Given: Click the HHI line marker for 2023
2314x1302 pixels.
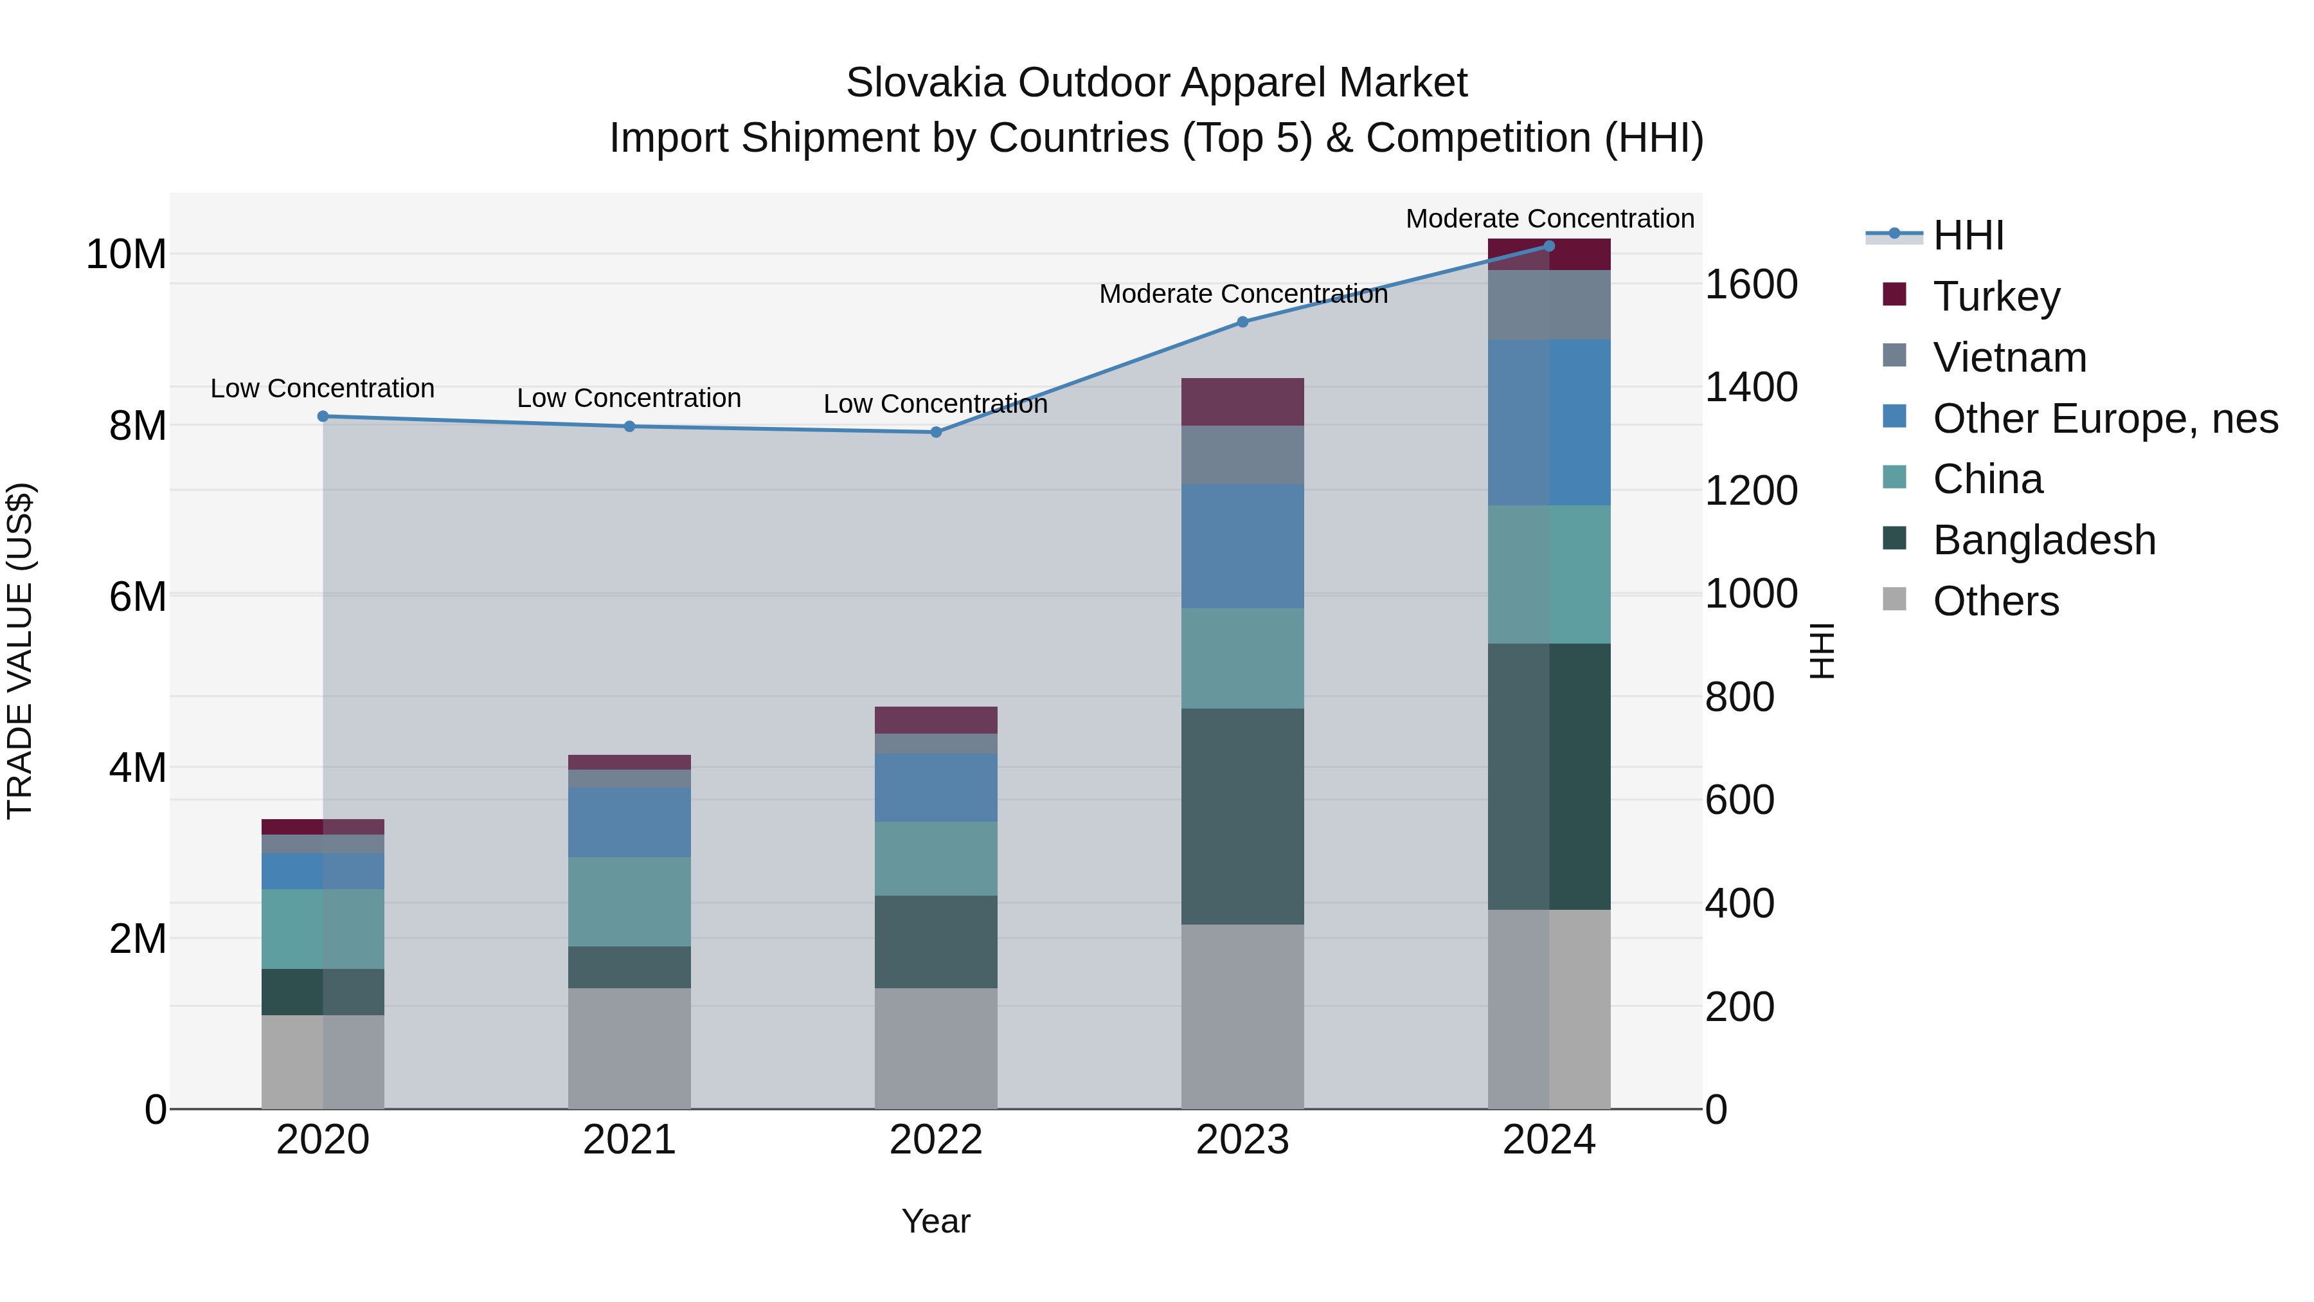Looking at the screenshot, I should (1242, 321).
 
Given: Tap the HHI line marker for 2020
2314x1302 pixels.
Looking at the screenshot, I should (323, 416).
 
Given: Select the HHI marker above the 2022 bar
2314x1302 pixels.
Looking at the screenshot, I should (936, 432).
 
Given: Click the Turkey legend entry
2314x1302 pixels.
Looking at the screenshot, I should (1996, 296).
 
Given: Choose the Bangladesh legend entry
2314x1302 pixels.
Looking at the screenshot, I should (2043, 540).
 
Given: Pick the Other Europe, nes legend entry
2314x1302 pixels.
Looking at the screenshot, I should (2104, 418).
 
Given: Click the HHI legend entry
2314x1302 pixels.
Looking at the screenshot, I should (1968, 235).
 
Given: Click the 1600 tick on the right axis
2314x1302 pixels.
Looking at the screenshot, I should (1751, 285).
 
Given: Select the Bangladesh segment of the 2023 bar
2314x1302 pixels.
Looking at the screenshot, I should (1242, 816).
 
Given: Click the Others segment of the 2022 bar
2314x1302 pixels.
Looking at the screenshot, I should (936, 1048).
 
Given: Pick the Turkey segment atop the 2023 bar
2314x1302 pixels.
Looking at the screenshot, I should (1242, 402).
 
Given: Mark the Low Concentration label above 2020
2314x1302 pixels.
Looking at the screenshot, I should (323, 388).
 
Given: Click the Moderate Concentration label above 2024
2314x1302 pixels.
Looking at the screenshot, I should (1550, 219).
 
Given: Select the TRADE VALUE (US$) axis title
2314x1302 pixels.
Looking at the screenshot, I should (20, 651).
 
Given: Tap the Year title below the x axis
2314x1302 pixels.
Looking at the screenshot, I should (936, 1221).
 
